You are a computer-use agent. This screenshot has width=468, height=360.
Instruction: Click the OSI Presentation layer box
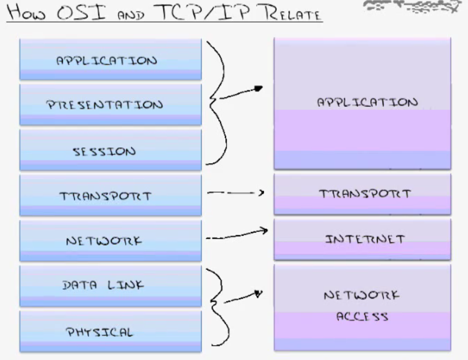110,105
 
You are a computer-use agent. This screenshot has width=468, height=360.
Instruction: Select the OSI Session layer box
110,150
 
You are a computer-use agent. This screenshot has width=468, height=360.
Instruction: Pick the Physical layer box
110,331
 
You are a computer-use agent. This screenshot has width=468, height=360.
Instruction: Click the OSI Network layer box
110,240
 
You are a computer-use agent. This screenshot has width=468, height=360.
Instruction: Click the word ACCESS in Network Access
362,317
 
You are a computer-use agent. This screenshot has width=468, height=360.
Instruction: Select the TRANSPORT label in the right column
365,194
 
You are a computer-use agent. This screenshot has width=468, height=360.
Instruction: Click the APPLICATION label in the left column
106,60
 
